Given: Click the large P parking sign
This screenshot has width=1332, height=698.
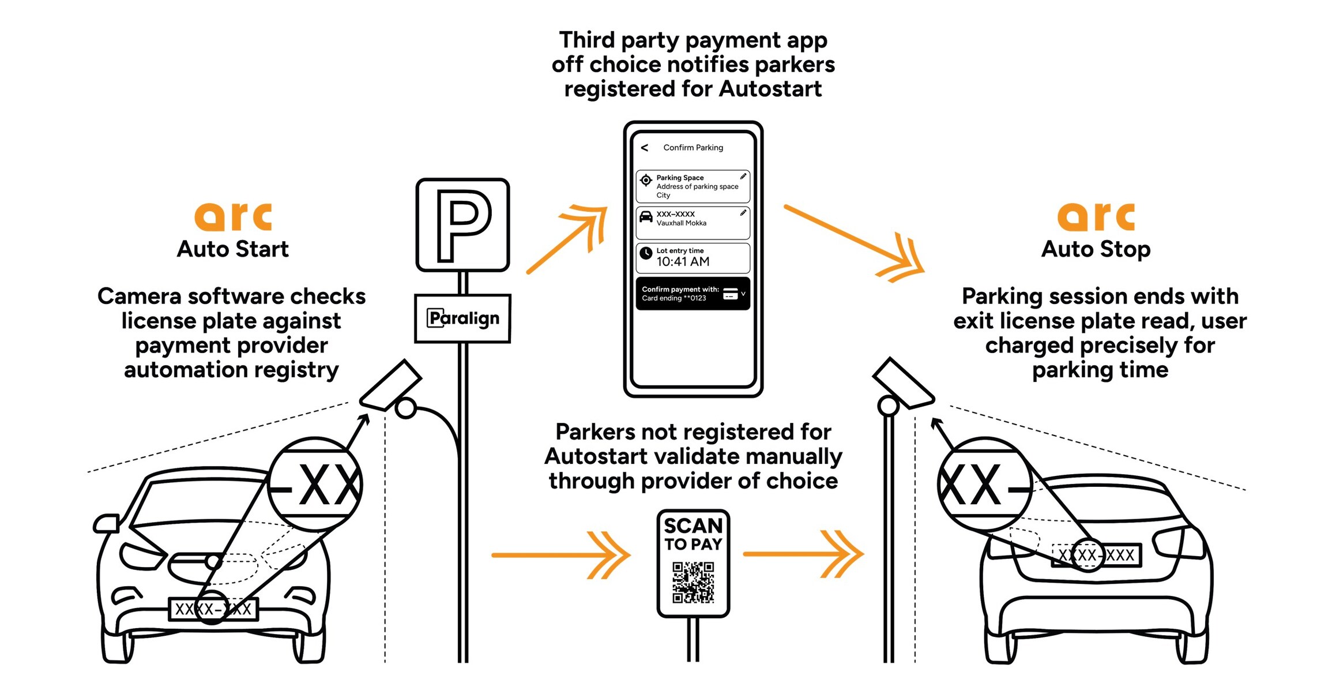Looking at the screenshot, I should (462, 225).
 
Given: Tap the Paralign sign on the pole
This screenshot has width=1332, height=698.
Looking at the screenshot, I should (462, 318).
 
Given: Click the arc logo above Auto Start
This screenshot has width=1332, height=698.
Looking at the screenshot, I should (233, 216).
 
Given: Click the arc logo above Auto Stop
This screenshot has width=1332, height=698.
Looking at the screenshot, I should (1096, 216).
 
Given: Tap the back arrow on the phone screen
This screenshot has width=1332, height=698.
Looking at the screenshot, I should (645, 148).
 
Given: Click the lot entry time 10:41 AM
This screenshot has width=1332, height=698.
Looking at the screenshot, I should (683, 261).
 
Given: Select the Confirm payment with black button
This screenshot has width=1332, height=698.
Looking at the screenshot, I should (693, 294).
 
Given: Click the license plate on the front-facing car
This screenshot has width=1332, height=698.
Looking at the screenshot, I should (213, 609).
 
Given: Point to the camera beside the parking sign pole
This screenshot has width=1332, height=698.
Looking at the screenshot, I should (391, 385).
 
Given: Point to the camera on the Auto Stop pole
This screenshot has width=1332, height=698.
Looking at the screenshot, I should (904, 383).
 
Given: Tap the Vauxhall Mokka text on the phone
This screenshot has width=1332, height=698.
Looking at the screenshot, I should (681, 223).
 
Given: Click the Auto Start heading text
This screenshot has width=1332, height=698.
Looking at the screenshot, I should (232, 249).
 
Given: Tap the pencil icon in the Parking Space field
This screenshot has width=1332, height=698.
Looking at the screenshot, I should (743, 177).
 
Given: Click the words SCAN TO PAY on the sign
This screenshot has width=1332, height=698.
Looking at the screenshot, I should (693, 534).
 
